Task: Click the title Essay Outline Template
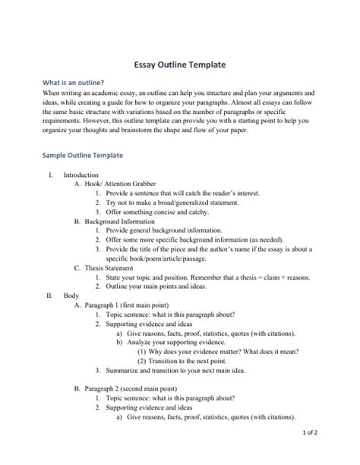[179, 66]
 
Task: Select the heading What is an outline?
[73, 83]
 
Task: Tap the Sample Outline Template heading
[82, 155]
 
